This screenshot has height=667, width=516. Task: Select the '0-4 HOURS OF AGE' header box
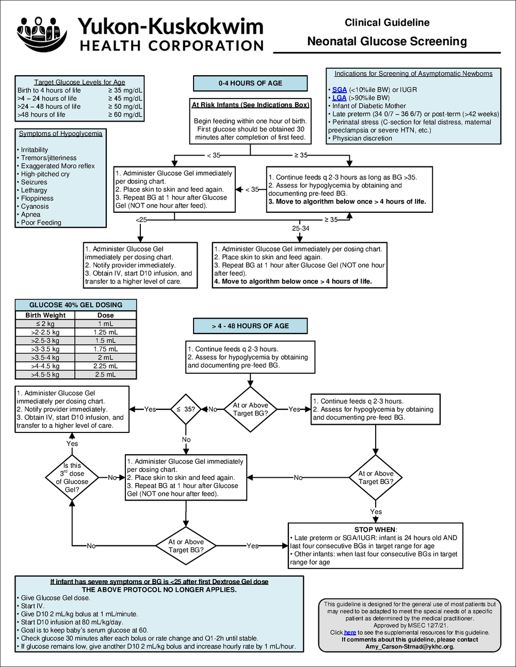[x=250, y=84]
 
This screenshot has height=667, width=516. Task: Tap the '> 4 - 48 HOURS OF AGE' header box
[x=250, y=326]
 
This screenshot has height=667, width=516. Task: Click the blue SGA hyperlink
[x=340, y=90]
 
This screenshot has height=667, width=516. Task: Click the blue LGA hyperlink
[x=340, y=98]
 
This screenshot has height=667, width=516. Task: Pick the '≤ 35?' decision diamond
[x=186, y=409]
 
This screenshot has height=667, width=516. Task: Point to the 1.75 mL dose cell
[x=105, y=349]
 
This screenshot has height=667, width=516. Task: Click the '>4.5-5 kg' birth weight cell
[x=45, y=375]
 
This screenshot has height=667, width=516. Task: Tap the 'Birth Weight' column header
[x=45, y=315]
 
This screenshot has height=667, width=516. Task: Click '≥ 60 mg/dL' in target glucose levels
[x=125, y=115]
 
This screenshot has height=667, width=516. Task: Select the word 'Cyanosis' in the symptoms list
[x=35, y=206]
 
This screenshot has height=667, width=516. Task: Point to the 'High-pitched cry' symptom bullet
[x=45, y=174]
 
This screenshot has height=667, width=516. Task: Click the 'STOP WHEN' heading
[x=375, y=530]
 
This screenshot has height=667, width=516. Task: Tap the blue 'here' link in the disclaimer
[x=350, y=632]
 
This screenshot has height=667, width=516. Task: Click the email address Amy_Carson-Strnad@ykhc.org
[x=410, y=647]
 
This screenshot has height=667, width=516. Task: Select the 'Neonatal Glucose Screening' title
[x=387, y=42]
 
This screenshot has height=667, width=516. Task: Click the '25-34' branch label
[x=300, y=228]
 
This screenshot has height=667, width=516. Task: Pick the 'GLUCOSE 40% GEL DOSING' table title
[x=76, y=305]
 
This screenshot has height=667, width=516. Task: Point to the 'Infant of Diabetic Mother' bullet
[x=369, y=106]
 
